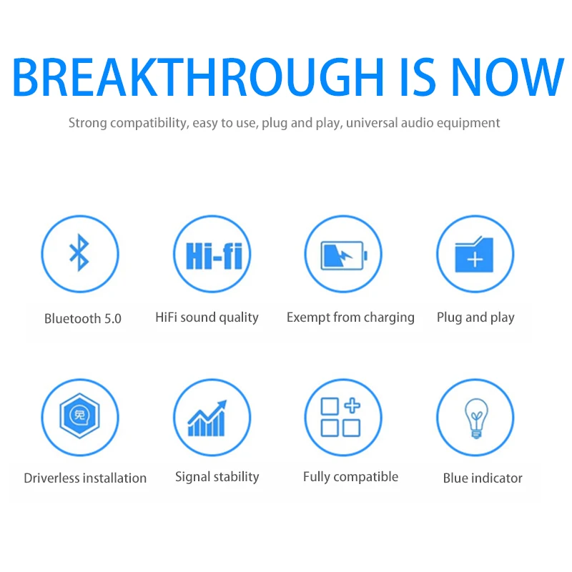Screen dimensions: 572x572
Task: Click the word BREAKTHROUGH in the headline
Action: tap(198, 77)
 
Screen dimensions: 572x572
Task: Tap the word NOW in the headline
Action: tap(508, 77)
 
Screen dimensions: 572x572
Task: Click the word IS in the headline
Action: tap(418, 77)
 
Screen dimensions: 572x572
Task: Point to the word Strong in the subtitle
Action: tap(87, 123)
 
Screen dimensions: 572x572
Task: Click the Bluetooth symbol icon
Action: tap(79, 253)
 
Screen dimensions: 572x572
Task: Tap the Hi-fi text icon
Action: tap(214, 255)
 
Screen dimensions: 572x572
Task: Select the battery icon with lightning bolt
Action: tap(344, 255)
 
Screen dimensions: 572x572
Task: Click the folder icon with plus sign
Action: tap(474, 255)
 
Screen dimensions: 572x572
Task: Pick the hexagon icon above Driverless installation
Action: tap(79, 415)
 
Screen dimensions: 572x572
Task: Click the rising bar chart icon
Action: tap(207, 418)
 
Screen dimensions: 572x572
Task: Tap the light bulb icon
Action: tap(476, 418)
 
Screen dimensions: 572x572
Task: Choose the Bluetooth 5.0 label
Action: tap(83, 318)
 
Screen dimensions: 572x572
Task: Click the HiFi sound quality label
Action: tap(207, 317)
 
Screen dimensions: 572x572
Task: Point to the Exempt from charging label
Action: tap(350, 317)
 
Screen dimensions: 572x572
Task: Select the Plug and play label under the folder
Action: tap(475, 317)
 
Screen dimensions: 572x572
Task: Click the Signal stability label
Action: tap(217, 477)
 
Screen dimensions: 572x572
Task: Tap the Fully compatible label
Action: tap(350, 477)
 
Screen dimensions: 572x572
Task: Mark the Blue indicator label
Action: tap(483, 478)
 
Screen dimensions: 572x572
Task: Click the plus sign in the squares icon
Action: tap(352, 405)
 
